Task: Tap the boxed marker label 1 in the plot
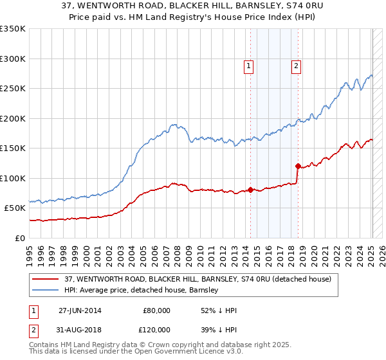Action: pyautogui.click(x=248, y=65)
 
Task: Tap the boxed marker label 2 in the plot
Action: pyautogui.click(x=296, y=65)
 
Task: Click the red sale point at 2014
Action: pyautogui.click(x=250, y=190)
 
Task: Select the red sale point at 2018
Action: pyautogui.click(x=298, y=166)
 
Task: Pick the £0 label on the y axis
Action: pyautogui.click(x=19, y=238)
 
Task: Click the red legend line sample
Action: pyautogui.click(x=46, y=279)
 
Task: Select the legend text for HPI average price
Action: pyautogui.click(x=142, y=291)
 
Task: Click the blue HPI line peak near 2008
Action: pyautogui.click(x=173, y=125)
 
